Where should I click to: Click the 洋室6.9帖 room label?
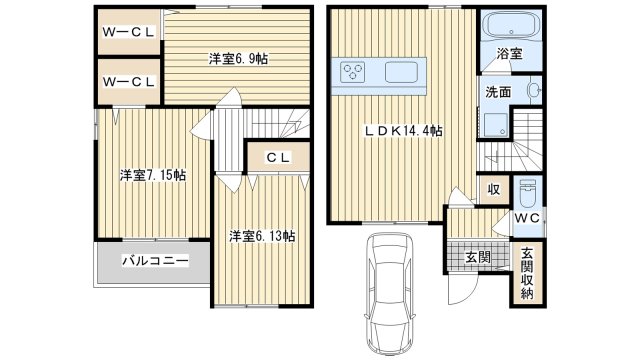tap(238, 59)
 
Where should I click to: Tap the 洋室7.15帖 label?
tap(153, 176)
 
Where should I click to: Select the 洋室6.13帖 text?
tap(262, 236)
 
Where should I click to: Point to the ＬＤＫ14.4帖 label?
tap(403, 131)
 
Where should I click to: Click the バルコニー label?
tap(156, 260)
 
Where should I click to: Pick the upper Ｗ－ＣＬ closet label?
tap(129, 32)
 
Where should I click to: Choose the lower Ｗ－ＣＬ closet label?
tap(129, 82)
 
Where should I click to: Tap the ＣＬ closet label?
tap(278, 158)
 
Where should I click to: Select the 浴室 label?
tap(509, 53)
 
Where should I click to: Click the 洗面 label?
tap(498, 92)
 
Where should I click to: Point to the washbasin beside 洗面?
tap(534, 90)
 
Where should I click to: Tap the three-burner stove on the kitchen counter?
tap(353, 73)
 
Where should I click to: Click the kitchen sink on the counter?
tap(402, 72)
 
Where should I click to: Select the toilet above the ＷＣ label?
tap(528, 194)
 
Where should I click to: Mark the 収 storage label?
tap(494, 190)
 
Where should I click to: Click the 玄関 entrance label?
tap(478, 257)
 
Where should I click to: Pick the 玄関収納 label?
tap(527, 273)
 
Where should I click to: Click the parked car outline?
tap(390, 294)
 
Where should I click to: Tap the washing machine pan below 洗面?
tap(496, 124)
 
